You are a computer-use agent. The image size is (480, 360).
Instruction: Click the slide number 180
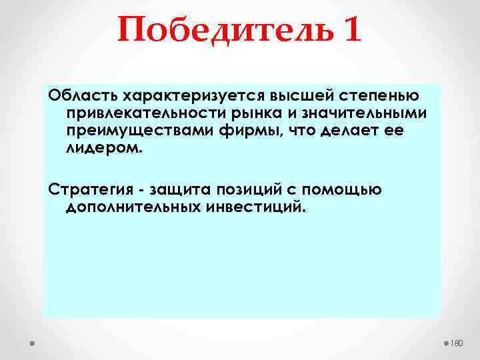point(457,343)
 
